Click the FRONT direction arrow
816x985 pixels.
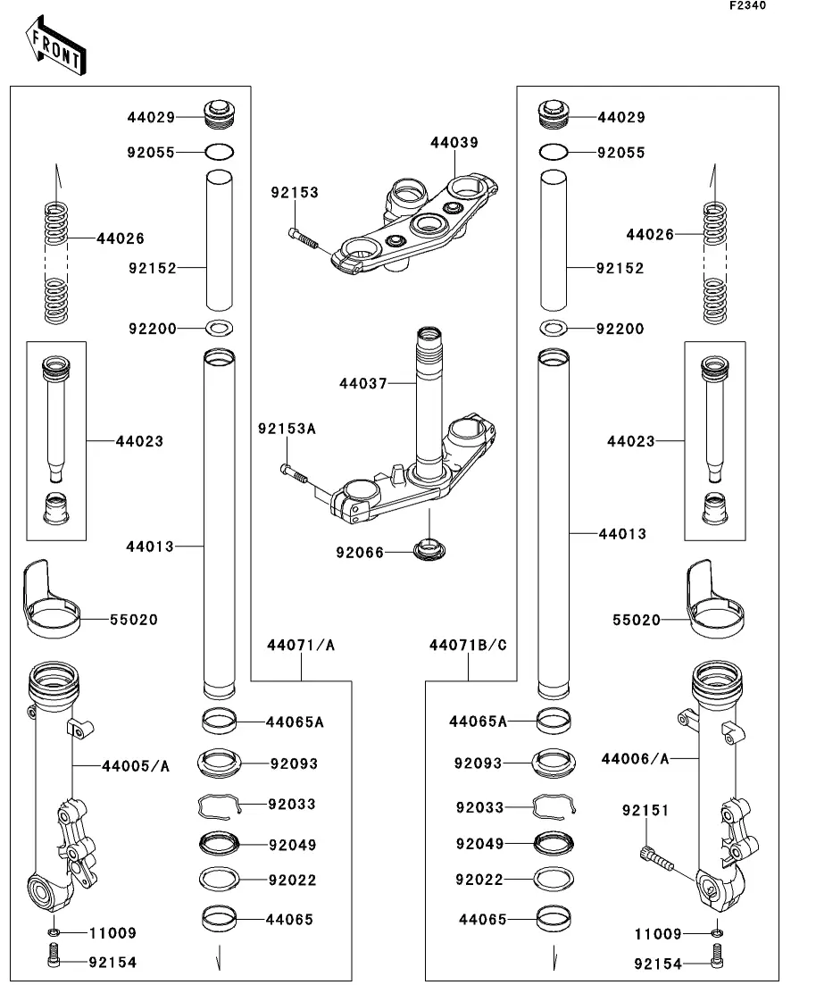55,46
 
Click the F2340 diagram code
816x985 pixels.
747,5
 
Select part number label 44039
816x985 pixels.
454,143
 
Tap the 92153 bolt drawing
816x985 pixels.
304,238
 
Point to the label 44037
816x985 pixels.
363,383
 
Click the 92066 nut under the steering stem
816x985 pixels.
429,549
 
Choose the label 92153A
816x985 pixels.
287,429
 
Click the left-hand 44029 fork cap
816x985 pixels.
220,115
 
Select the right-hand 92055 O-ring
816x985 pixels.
554,152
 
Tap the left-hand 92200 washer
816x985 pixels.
220,327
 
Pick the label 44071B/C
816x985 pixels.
468,645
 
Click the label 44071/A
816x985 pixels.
301,645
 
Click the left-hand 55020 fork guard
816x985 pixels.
51,600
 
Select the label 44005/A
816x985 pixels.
136,766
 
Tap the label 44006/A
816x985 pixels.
635,759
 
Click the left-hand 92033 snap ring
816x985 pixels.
220,806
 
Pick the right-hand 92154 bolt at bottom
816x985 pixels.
717,956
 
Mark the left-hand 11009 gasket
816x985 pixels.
54,931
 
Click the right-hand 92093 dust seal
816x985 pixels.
554,763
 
